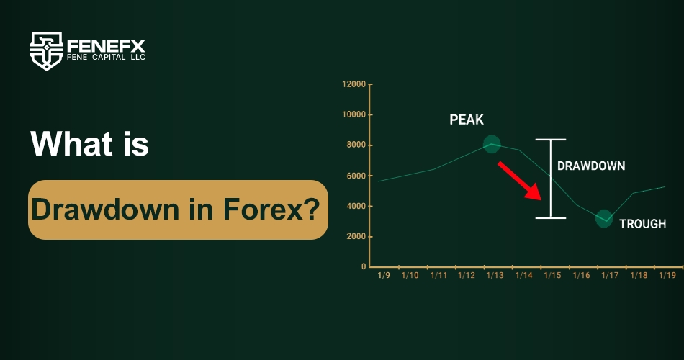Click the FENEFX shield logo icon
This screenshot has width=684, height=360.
[47, 50]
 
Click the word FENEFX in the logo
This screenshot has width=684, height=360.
[106, 46]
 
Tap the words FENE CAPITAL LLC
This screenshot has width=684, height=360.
[106, 57]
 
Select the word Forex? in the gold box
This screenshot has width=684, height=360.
[271, 209]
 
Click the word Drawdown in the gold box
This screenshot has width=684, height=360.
[105, 209]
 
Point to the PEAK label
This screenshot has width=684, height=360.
[467, 120]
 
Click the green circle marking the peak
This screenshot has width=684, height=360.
[492, 144]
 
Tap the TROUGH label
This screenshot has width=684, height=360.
[642, 224]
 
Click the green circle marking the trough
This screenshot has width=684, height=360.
[604, 219]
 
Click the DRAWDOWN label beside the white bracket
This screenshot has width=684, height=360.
[591, 166]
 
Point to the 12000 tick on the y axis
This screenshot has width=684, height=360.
[354, 84]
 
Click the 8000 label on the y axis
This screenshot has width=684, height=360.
[356, 145]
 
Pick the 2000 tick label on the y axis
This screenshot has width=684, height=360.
[356, 236]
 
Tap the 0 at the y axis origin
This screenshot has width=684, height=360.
[364, 266]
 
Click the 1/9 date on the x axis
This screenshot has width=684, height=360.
[384, 275]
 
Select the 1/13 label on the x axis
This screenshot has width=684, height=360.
[495, 275]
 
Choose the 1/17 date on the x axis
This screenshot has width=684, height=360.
[610, 275]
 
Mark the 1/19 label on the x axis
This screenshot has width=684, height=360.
[667, 275]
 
